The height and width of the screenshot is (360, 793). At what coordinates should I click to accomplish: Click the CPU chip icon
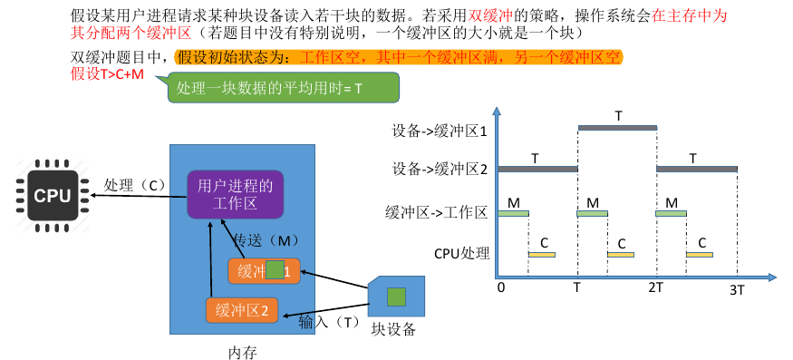[53, 194]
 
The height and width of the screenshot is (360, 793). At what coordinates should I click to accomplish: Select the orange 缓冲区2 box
[242, 310]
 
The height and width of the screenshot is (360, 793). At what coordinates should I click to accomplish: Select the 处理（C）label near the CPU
[135, 185]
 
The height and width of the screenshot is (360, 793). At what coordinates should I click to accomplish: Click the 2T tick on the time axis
[656, 287]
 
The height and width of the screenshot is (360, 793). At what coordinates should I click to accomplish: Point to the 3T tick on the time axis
[738, 289]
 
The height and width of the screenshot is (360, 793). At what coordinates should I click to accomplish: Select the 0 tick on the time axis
[499, 287]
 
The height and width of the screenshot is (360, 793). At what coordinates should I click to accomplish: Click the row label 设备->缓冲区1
[440, 131]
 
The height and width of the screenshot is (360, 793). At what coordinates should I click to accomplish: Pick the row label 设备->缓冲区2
[440, 169]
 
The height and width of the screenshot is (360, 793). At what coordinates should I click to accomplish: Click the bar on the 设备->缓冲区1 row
[617, 128]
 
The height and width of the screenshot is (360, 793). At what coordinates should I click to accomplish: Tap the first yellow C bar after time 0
[542, 255]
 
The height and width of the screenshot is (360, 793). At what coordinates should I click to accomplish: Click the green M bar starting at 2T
[672, 214]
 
